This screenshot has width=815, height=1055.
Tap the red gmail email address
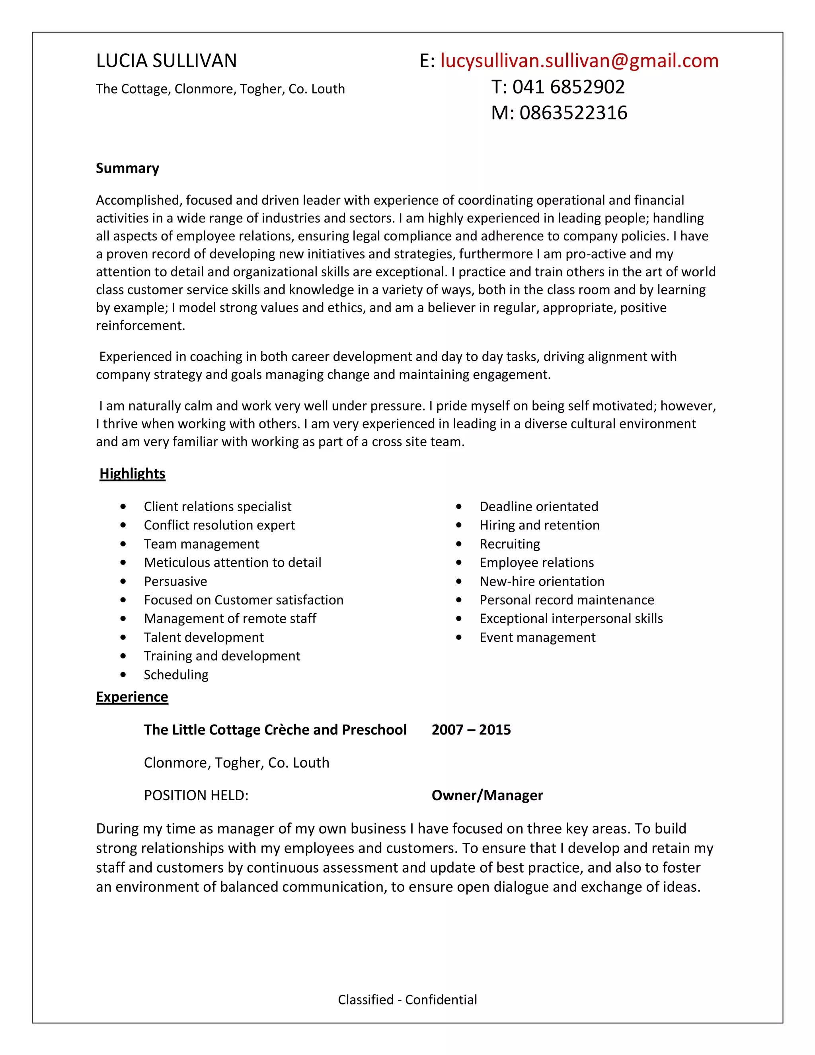point(579,61)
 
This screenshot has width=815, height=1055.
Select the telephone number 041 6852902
point(568,87)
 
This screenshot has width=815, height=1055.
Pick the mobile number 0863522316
point(573,113)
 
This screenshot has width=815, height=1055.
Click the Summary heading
point(127,168)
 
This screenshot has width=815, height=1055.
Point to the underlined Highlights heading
point(132,473)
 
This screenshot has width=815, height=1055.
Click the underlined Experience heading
point(132,697)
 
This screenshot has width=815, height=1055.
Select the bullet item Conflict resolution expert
point(219,525)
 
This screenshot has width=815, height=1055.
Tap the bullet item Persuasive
point(175,581)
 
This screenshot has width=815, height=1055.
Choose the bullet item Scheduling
point(176,674)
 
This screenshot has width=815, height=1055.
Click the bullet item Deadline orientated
point(538,506)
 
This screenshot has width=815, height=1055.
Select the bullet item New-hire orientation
point(542,581)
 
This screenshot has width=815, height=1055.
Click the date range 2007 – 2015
point(471,729)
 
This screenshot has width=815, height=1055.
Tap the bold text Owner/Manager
point(487,795)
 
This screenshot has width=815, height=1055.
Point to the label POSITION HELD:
point(196,795)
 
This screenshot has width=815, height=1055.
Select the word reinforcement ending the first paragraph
point(140,326)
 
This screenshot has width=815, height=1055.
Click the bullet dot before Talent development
point(124,638)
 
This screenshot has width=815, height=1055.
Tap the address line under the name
point(220,89)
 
